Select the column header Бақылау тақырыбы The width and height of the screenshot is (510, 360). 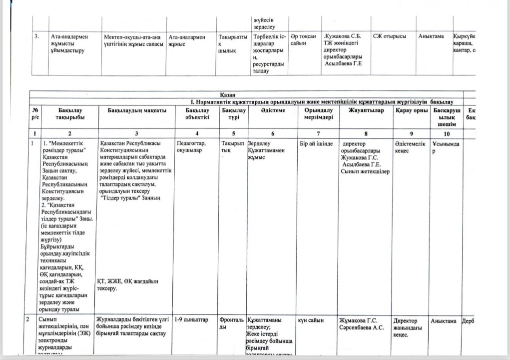click(x=70, y=113)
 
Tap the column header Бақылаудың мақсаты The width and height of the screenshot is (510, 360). click(x=136, y=110)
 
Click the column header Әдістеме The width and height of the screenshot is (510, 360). click(x=272, y=110)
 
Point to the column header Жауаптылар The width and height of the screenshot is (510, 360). click(x=365, y=110)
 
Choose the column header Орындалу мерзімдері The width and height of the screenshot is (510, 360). click(x=318, y=113)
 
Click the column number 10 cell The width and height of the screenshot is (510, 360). click(x=446, y=134)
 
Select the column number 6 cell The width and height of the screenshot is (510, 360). click(x=272, y=134)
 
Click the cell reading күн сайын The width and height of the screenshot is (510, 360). click(x=311, y=320)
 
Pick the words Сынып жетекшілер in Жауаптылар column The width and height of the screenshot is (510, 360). click(x=365, y=172)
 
